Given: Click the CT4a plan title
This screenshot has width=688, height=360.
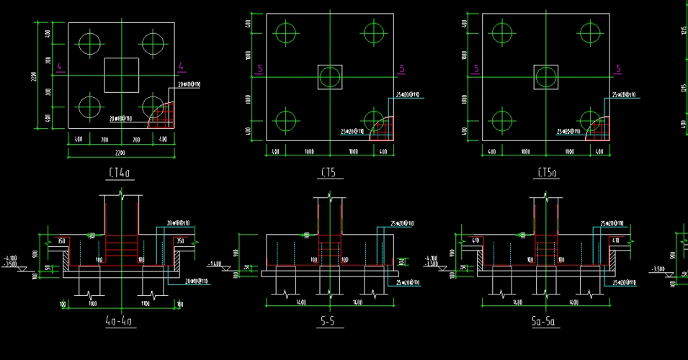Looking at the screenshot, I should pyautogui.click(x=120, y=174).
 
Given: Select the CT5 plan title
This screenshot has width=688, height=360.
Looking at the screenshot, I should pyautogui.click(x=328, y=174).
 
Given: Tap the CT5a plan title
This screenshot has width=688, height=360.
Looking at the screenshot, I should pyautogui.click(x=547, y=174).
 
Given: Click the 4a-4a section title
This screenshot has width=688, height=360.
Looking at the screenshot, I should pyautogui.click(x=120, y=322).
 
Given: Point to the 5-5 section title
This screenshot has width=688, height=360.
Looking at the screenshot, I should pyautogui.click(x=328, y=322).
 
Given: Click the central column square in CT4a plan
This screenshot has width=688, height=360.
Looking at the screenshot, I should pyautogui.click(x=121, y=75).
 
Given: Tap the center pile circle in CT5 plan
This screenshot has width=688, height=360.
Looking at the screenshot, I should pyautogui.click(x=330, y=76).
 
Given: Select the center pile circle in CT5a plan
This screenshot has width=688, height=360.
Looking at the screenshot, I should pyautogui.click(x=545, y=76).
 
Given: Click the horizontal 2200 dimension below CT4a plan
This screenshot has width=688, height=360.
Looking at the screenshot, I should pyautogui.click(x=120, y=153).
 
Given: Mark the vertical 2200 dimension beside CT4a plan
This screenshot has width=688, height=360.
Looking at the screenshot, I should pyautogui.click(x=34, y=76).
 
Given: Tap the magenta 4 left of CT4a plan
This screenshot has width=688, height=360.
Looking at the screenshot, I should pyautogui.click(x=60, y=68).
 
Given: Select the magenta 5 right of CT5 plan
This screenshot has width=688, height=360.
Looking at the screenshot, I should pyautogui.click(x=402, y=69).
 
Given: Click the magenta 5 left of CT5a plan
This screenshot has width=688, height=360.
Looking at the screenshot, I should pyautogui.click(x=476, y=69).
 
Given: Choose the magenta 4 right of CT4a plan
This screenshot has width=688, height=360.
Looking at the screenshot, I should pyautogui.click(x=182, y=68).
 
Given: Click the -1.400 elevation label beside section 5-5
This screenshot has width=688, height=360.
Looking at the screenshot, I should pyautogui.click(x=215, y=264).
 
